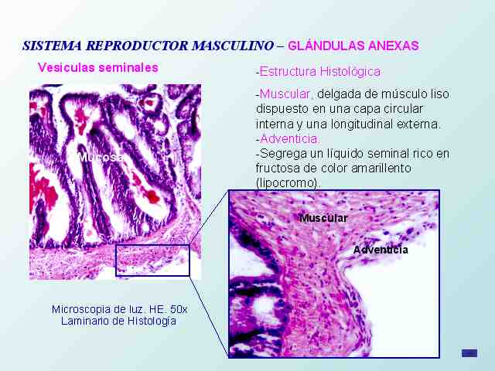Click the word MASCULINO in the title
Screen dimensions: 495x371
tap(233, 46)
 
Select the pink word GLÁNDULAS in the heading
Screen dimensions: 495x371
tap(326, 46)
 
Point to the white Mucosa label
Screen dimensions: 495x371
tap(101, 157)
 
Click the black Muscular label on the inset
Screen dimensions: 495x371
tap(323, 218)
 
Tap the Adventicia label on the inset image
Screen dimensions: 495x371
tap(381, 250)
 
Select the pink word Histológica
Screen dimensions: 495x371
tap(350, 72)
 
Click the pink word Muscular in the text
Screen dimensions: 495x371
tap(285, 94)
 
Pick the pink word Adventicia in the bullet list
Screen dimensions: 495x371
tap(289, 138)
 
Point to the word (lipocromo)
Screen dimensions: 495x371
tap(288, 183)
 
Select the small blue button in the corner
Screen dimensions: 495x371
tap(469, 353)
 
